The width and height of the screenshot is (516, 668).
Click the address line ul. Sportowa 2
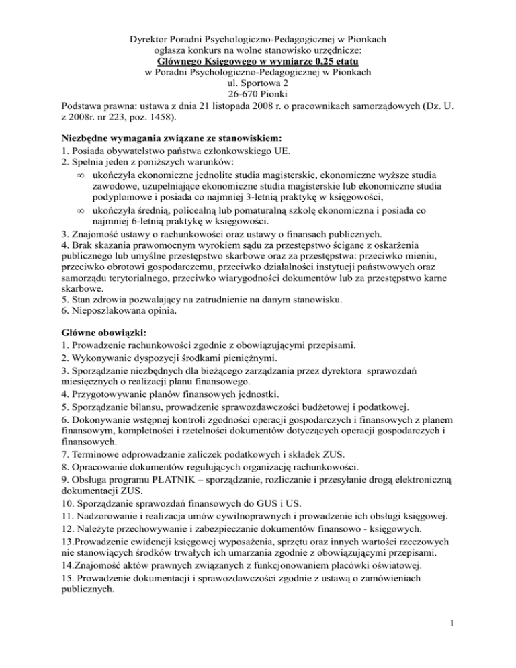[x=257, y=83]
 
